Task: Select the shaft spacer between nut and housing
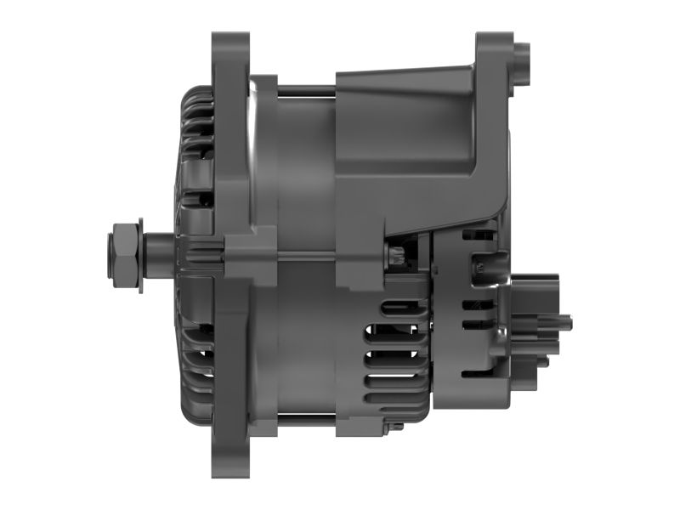(x=157, y=255)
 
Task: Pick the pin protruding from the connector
(x=564, y=322)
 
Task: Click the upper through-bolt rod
(x=306, y=87)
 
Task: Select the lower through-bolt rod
(x=306, y=416)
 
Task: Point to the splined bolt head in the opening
(x=395, y=256)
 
